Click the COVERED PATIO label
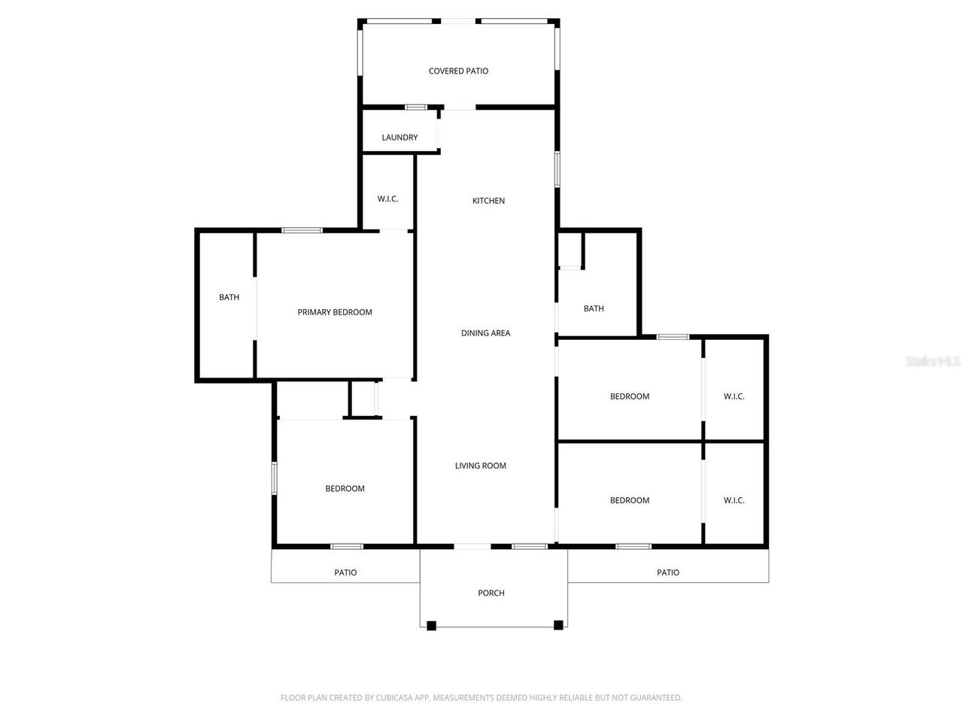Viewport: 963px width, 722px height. pyautogui.click(x=458, y=71)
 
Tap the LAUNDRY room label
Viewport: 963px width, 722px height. pyautogui.click(x=399, y=138)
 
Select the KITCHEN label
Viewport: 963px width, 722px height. pyautogui.click(x=488, y=201)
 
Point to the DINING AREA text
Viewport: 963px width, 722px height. pyautogui.click(x=485, y=333)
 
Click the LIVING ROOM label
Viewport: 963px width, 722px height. pyautogui.click(x=480, y=466)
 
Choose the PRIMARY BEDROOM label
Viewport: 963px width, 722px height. pyautogui.click(x=335, y=312)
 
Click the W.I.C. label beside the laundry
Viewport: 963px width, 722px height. pyautogui.click(x=387, y=199)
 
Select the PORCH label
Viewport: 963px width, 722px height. pyautogui.click(x=491, y=593)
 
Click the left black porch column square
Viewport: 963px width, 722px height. pyautogui.click(x=431, y=625)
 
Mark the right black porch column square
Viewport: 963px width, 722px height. pyautogui.click(x=558, y=625)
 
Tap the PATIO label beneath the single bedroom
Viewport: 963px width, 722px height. pyautogui.click(x=345, y=573)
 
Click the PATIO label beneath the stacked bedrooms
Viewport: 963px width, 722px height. pyautogui.click(x=668, y=573)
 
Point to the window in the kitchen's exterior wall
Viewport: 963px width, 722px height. pyautogui.click(x=557, y=168)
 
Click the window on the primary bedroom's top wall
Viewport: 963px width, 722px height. pyautogui.click(x=302, y=230)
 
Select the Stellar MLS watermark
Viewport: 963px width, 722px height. pyautogui.click(x=933, y=361)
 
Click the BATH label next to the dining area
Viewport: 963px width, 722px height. pyautogui.click(x=594, y=308)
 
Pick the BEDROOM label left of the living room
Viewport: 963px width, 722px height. pyautogui.click(x=345, y=489)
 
